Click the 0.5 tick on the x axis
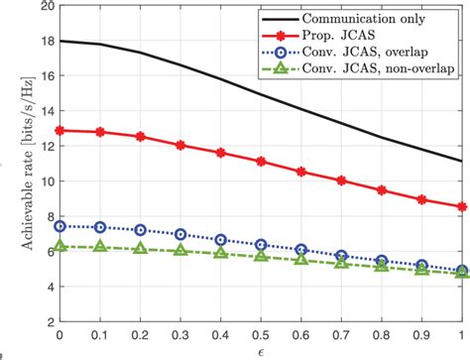261,335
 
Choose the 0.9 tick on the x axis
423,335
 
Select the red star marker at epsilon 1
463,206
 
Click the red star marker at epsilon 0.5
261,161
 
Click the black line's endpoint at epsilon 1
463,161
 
